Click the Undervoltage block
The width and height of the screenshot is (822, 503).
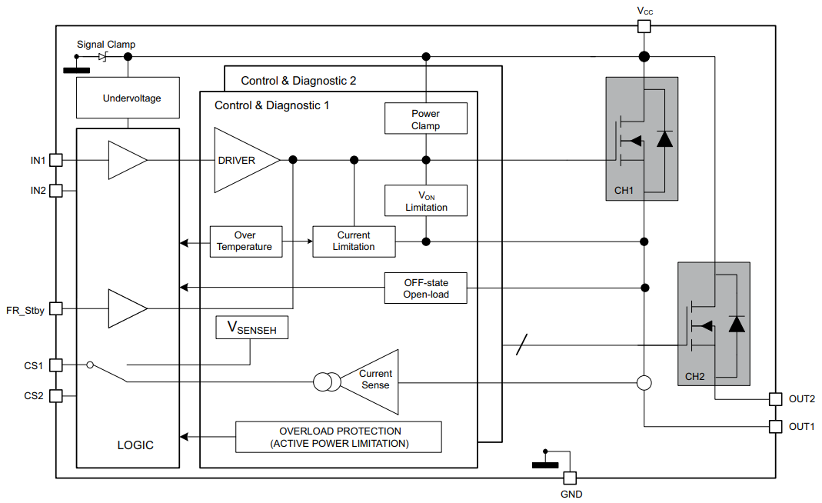coord(128,98)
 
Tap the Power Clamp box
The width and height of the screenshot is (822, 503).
coord(426,118)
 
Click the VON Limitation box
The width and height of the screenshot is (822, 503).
coord(426,201)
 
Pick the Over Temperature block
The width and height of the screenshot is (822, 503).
coord(246,242)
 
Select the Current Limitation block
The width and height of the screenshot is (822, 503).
coord(354,242)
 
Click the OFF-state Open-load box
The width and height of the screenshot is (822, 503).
coord(426,288)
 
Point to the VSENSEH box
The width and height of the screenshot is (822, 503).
coord(251,328)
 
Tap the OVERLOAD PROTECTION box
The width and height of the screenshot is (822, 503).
coord(338,437)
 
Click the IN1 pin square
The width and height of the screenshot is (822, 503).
coord(56,160)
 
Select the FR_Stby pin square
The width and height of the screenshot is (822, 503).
coord(56,309)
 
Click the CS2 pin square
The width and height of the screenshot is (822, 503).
coord(56,395)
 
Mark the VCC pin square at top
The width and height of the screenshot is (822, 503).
coord(644,26)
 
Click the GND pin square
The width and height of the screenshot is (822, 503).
coord(570,478)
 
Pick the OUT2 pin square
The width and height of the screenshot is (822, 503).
coord(776,398)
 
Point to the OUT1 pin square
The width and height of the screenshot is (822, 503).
coord(776,426)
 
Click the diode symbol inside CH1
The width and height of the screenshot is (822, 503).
coord(664,138)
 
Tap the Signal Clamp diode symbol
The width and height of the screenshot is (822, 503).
coord(103,56)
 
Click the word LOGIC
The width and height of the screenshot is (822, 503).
coord(135,445)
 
